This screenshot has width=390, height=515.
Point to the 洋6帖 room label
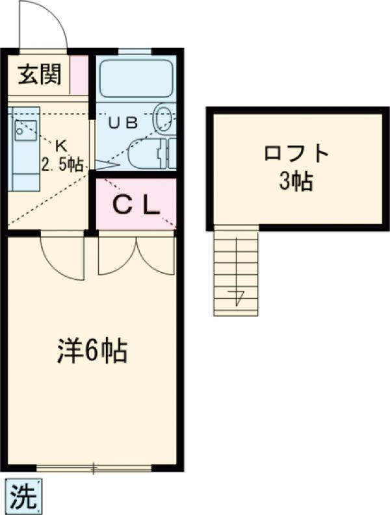point(90,351)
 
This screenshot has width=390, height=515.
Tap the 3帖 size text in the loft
point(296,181)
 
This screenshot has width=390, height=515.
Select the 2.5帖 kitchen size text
point(62,164)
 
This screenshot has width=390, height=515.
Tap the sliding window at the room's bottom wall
point(94,467)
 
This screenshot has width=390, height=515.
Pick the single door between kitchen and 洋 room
point(62,257)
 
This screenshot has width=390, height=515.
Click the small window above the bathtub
point(135,51)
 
